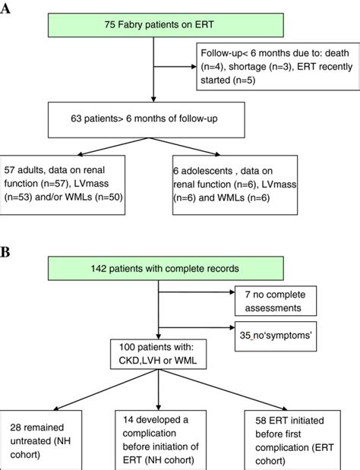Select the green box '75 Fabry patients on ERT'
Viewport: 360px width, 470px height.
coord(154,25)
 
